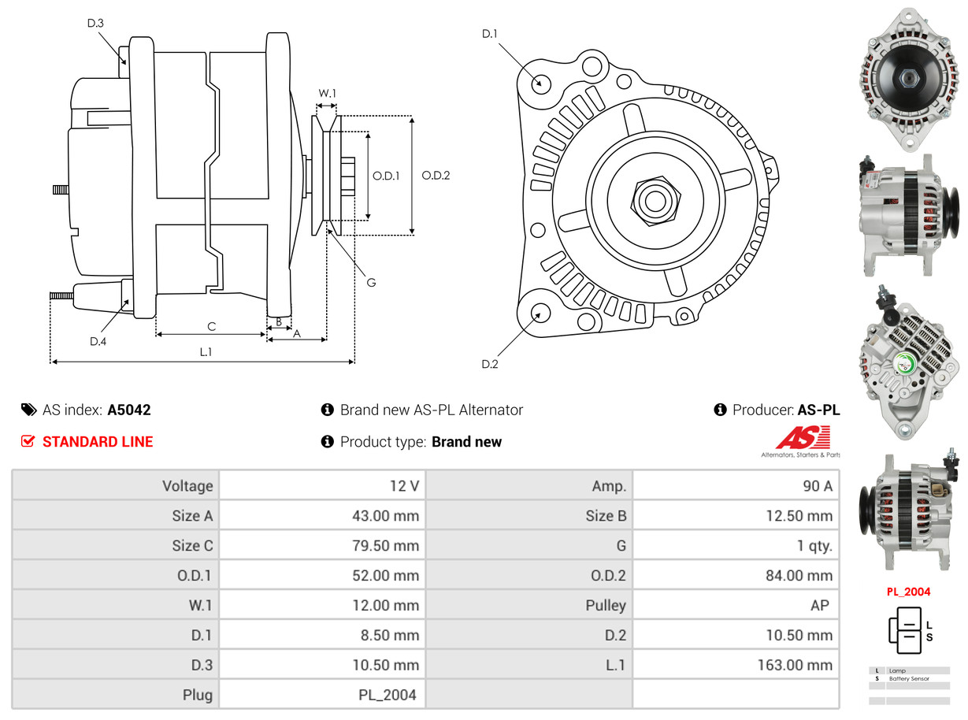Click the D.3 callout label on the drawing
(x=95, y=23)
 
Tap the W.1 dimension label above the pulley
(x=327, y=93)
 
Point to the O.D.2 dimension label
(x=436, y=176)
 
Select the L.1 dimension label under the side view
(x=205, y=352)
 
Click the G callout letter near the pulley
(x=371, y=282)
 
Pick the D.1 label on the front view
(x=490, y=33)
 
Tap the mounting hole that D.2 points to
(x=540, y=314)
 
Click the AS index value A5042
(x=129, y=410)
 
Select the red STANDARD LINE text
(x=98, y=442)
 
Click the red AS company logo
(x=803, y=438)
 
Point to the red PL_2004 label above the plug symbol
(x=908, y=592)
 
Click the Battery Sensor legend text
(x=909, y=678)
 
